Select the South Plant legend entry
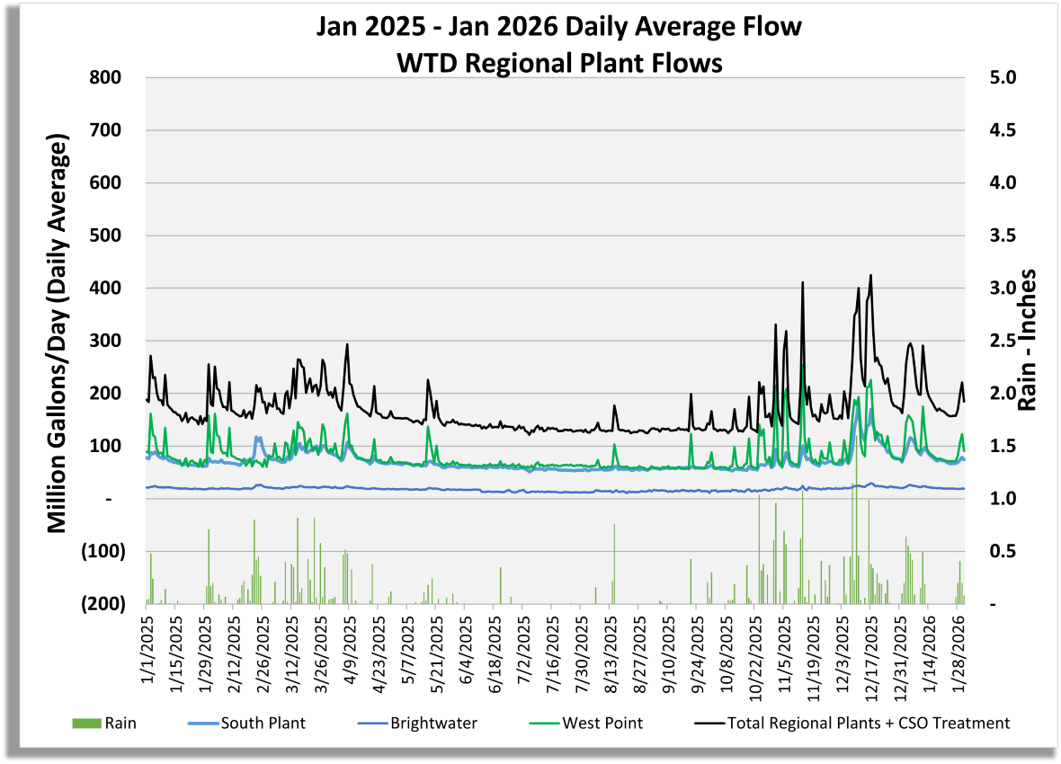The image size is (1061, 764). tap(261, 723)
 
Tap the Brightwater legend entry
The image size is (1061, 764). tap(434, 723)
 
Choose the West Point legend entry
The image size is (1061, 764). tap(602, 723)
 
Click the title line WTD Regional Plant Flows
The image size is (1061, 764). tap(557, 63)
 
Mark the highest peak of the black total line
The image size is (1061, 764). tap(870, 275)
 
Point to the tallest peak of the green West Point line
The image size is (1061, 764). tap(801, 365)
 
